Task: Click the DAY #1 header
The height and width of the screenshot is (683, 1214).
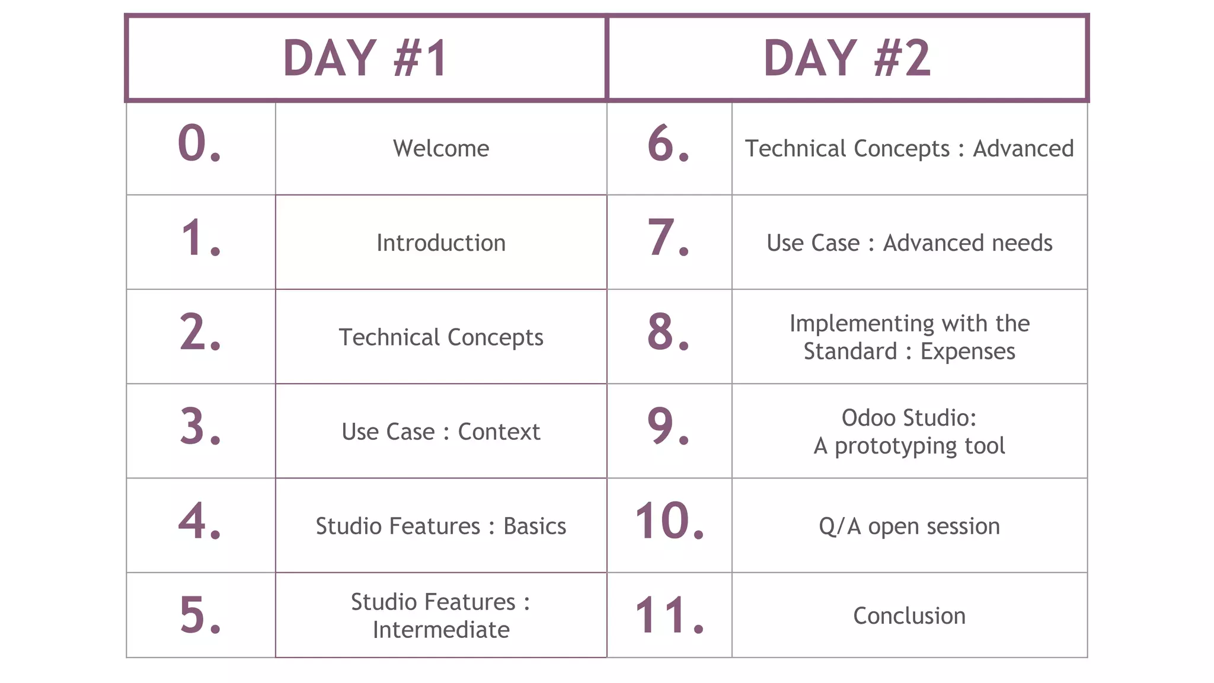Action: click(x=366, y=58)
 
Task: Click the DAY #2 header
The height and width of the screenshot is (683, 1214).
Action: click(x=847, y=58)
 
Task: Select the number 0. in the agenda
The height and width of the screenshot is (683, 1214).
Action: click(x=200, y=144)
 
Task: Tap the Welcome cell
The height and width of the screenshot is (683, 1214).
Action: click(x=441, y=148)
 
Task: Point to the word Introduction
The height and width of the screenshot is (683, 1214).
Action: click(x=441, y=243)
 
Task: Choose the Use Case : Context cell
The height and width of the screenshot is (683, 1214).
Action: click(x=441, y=432)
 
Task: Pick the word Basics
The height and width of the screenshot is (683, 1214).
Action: click(x=535, y=526)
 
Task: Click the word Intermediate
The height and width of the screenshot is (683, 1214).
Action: click(x=441, y=630)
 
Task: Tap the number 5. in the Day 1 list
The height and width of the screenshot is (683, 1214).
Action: click(x=200, y=615)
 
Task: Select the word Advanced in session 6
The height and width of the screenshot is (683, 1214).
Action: click(x=1023, y=149)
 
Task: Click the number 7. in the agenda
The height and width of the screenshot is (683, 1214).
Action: click(x=668, y=238)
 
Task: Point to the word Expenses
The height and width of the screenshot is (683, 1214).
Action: click(x=967, y=352)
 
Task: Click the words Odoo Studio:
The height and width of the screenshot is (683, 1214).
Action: click(x=909, y=418)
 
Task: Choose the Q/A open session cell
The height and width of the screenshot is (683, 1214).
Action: click(x=909, y=526)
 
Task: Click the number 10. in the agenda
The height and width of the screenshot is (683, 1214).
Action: click(x=669, y=522)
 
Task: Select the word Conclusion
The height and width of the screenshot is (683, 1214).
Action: click(x=909, y=616)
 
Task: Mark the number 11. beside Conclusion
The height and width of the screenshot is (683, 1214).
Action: click(x=669, y=616)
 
